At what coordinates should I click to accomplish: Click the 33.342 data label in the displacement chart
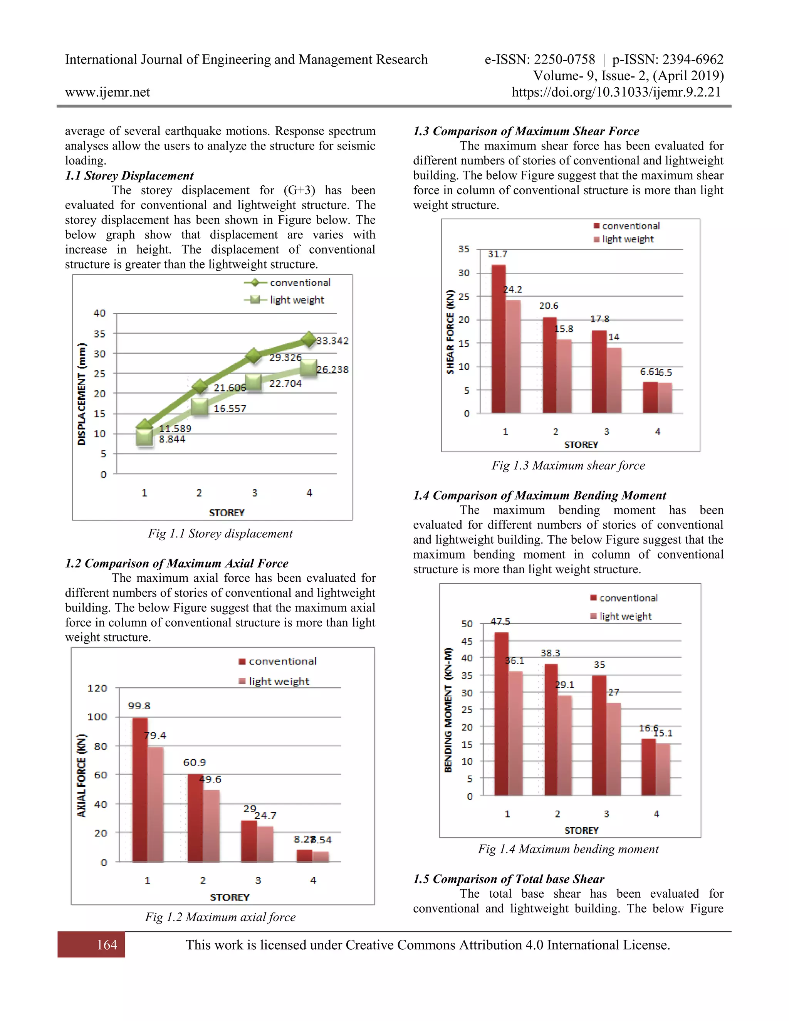coord(332,341)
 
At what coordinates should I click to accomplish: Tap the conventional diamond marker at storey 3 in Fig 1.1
coord(253,356)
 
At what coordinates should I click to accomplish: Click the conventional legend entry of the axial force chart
coord(278,661)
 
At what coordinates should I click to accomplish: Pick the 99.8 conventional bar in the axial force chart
coord(140,790)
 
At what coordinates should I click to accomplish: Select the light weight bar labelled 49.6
coord(211,826)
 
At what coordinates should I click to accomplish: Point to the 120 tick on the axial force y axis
coord(97,688)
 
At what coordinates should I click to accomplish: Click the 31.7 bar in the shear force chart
coord(499,339)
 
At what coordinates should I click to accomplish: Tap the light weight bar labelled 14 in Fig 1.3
coord(614,380)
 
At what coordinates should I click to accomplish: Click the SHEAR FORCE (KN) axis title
coord(450,332)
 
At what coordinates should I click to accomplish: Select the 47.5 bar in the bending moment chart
coord(502,714)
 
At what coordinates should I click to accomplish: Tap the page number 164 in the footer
coord(107,945)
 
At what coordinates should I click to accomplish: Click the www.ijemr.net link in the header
coord(107,92)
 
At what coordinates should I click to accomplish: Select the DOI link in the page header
coord(616,92)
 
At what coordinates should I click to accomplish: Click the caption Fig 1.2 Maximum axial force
coord(220,917)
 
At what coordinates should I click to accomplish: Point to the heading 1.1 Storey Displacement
coord(129,175)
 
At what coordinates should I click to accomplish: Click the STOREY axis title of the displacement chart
coord(227,513)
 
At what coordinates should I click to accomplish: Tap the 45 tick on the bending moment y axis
coord(467,641)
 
